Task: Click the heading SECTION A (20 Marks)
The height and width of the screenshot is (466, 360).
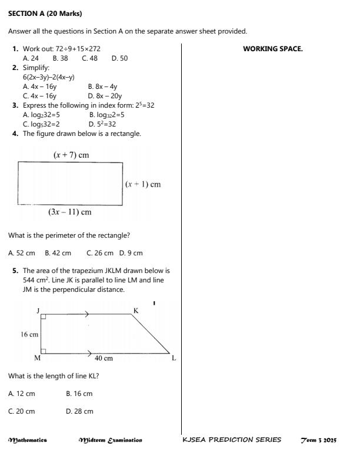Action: (45, 13)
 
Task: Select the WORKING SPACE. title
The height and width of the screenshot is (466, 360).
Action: (272, 49)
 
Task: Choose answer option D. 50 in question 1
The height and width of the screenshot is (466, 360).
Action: (119, 58)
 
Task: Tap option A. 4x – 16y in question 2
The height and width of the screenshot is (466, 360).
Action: (39, 86)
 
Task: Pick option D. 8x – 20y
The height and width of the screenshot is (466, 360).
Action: (105, 96)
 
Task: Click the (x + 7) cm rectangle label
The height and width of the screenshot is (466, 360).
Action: (71, 155)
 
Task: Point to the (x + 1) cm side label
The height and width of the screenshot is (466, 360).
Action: (143, 184)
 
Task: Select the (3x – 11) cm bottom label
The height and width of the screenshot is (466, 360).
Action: (69, 212)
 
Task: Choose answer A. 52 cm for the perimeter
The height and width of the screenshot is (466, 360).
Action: (22, 253)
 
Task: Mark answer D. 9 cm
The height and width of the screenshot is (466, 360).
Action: (131, 253)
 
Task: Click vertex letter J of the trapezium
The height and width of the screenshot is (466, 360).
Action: (38, 310)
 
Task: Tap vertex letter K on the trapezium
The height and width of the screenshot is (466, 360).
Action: (136, 310)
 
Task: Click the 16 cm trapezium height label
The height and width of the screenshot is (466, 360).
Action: (29, 334)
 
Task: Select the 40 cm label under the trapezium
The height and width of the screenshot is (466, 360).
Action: (104, 358)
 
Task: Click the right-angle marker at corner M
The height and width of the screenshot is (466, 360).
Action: (44, 351)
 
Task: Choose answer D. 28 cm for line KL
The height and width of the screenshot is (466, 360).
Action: (79, 411)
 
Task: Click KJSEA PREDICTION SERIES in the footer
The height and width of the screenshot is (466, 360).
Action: (232, 440)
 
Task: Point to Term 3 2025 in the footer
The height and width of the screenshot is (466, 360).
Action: (318, 440)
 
